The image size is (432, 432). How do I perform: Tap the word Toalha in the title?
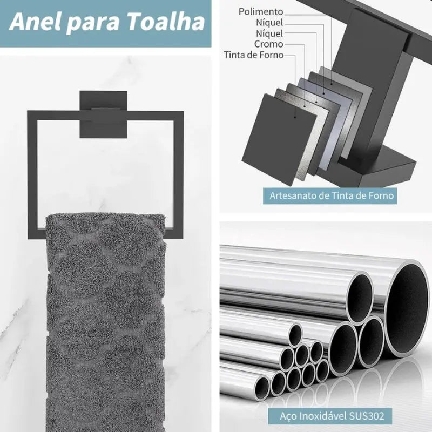pyautogui.click(x=166, y=22)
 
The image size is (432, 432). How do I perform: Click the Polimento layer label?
pyautogui.click(x=261, y=11)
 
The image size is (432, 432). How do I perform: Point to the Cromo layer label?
pyautogui.click(x=268, y=44)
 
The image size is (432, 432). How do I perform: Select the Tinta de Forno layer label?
pyautogui.click(x=253, y=55)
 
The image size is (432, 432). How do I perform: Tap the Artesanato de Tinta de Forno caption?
pyautogui.click(x=332, y=195)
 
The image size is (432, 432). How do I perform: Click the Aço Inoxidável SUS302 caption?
pyautogui.click(x=332, y=416)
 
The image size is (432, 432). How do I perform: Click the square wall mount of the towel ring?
pyautogui.click(x=103, y=114)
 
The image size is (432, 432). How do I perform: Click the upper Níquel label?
pyautogui.click(x=269, y=22)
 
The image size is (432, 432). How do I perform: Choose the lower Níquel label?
pyautogui.click(x=269, y=33)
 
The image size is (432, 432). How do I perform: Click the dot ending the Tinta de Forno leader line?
pyautogui.click(x=295, y=117)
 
